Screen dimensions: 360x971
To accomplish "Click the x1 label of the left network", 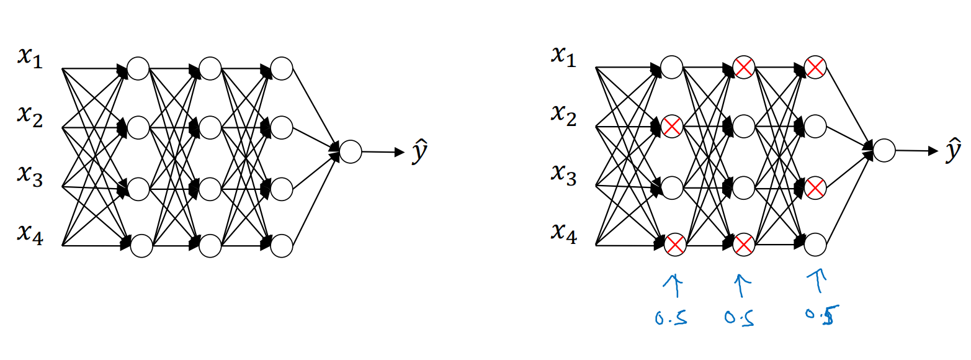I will click(x=29, y=60).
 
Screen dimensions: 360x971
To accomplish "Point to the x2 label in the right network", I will click(x=563, y=115).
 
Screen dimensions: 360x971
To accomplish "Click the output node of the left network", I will click(x=351, y=151).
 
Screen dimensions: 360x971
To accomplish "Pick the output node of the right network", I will click(x=884, y=150).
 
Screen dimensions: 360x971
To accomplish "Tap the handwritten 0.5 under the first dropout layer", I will click(x=670, y=319).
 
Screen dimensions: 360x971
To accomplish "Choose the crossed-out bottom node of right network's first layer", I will click(x=674, y=244).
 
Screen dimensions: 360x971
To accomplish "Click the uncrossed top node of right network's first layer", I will click(x=672, y=67).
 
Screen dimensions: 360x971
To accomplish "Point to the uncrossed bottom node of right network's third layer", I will click(x=815, y=245).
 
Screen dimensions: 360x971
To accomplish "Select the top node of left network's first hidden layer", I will click(x=138, y=68).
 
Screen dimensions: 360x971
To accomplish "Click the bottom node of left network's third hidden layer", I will click(x=282, y=246).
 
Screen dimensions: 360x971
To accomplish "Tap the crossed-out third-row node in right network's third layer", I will click(x=815, y=186).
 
